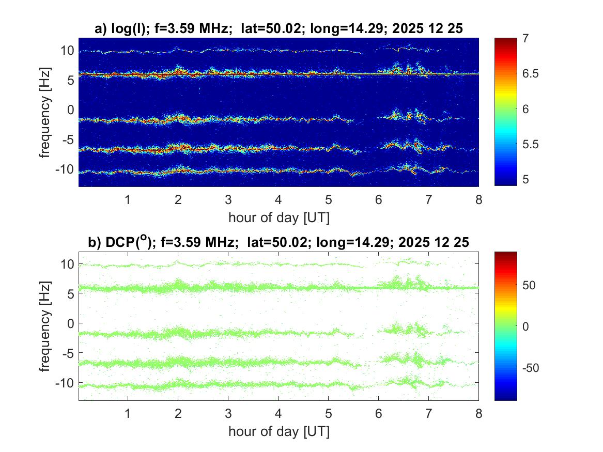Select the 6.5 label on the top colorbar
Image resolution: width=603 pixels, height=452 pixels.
[x=531, y=74]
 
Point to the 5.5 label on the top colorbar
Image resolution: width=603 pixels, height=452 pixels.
[x=531, y=144]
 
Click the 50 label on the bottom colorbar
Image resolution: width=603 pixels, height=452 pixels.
[x=529, y=285]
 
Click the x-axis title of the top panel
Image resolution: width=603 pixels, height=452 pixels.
[x=279, y=217]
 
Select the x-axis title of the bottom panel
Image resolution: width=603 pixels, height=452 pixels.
[x=279, y=431]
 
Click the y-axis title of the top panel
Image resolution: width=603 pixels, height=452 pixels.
[x=45, y=112]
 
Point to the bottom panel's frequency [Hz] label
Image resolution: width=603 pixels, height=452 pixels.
[x=45, y=325]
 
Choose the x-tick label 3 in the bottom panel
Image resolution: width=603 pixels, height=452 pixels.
[x=228, y=414]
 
